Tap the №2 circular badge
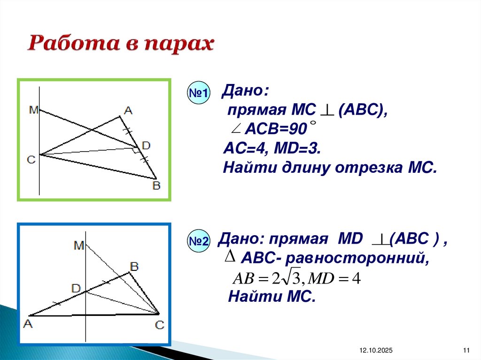point(199,242)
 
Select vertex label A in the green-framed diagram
point(128,111)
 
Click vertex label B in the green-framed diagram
point(156,186)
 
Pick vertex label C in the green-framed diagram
point(31,160)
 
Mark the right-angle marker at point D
point(136,150)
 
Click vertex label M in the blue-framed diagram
point(78,245)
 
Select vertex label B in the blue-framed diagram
point(134,267)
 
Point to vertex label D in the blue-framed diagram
point(76,288)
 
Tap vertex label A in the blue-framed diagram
point(27,324)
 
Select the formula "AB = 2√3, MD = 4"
point(296,278)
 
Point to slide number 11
point(466,351)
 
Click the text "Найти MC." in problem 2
point(271,297)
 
